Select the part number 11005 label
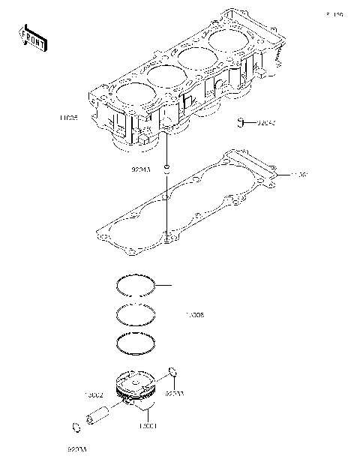[x=69, y=117]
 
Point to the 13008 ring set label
[x=194, y=316]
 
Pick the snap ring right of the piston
[x=174, y=372]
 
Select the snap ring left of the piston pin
[x=76, y=427]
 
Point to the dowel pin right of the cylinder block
[x=241, y=121]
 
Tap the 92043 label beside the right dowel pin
[x=267, y=121]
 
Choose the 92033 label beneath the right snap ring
[x=175, y=393]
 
